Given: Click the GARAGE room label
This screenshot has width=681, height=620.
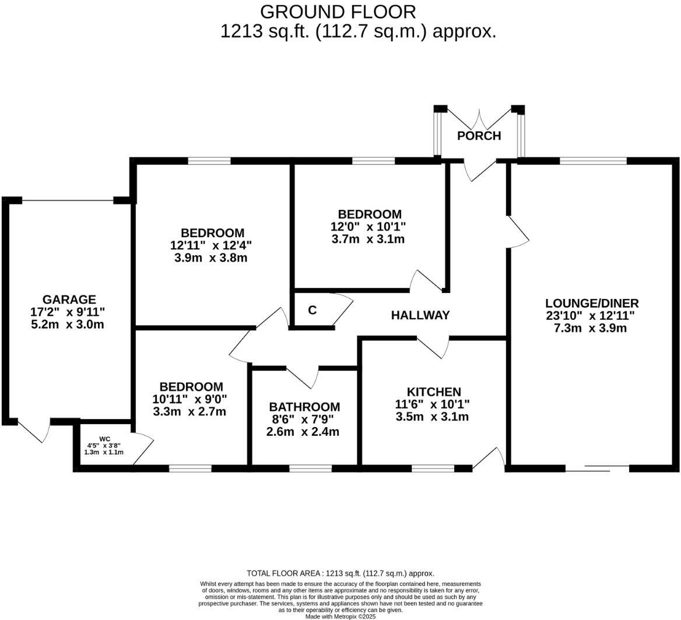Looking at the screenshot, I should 69,300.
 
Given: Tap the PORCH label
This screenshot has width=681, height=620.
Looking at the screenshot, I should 479,136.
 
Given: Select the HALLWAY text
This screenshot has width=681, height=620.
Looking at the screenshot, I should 420,315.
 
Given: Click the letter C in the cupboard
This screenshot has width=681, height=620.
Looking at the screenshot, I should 312,310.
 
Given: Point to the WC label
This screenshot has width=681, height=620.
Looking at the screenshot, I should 104,439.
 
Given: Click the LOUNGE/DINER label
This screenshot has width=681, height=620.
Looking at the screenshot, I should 592,303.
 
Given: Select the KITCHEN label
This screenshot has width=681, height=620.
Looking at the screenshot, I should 434,392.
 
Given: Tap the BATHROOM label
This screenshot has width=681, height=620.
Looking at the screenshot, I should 304,407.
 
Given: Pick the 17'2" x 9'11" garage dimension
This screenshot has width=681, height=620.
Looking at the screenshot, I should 68,312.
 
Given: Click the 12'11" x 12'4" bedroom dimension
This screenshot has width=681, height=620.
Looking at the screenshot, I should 211,245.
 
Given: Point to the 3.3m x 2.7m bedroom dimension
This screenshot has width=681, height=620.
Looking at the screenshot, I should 189,411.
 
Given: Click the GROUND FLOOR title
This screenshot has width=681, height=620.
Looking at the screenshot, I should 338,12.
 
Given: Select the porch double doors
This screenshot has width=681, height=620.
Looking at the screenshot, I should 479,119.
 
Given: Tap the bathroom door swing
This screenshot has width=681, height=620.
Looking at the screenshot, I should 303,377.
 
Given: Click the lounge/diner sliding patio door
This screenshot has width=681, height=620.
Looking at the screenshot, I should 598,467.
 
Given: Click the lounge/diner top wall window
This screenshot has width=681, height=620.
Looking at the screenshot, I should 593,160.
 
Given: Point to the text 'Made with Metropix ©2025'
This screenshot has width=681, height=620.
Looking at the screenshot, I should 340,616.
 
